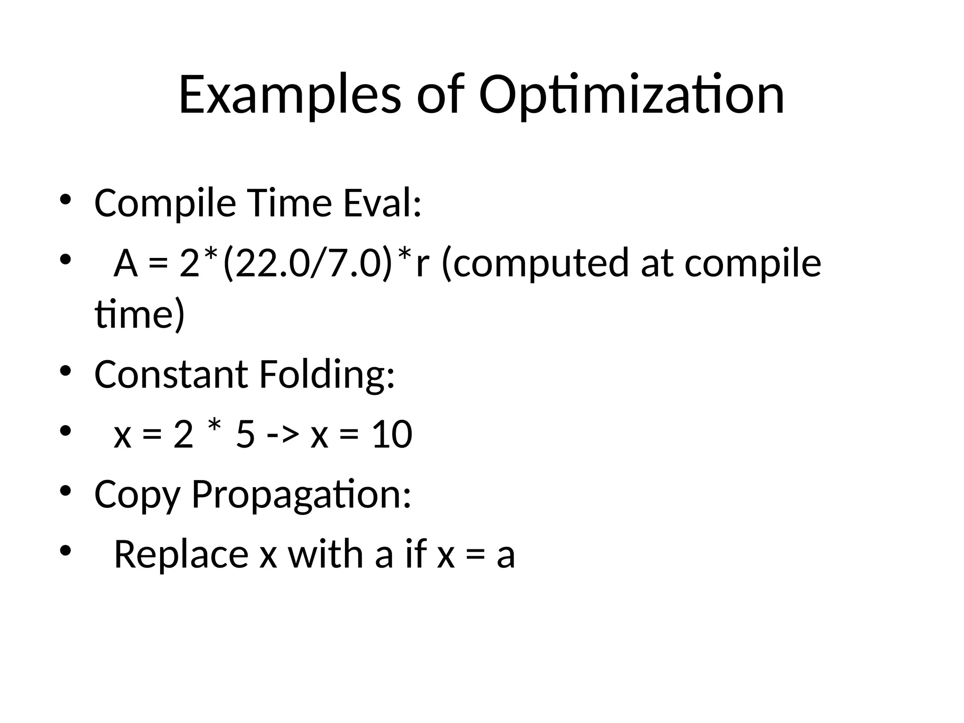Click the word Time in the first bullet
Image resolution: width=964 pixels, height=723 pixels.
289,203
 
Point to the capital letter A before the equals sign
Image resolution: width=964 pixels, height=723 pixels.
126,264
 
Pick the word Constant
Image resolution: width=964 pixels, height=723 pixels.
171,374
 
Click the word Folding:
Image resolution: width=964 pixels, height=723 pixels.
327,374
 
